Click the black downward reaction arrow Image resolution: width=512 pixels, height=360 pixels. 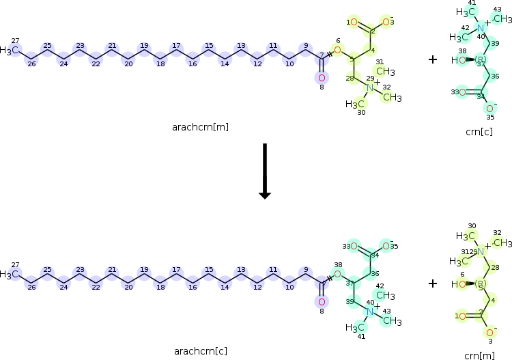coord(265,171)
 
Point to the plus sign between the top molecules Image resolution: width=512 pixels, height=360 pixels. coord(432,59)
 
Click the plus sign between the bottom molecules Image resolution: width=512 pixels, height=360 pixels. coord(432,283)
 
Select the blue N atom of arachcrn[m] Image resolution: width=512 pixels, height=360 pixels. coord(369,87)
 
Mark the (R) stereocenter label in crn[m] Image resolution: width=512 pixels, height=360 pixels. coord(481,283)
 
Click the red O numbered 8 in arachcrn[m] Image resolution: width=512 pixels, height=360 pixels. coord(321,77)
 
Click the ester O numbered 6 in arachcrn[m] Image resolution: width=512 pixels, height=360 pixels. coord(337,50)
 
